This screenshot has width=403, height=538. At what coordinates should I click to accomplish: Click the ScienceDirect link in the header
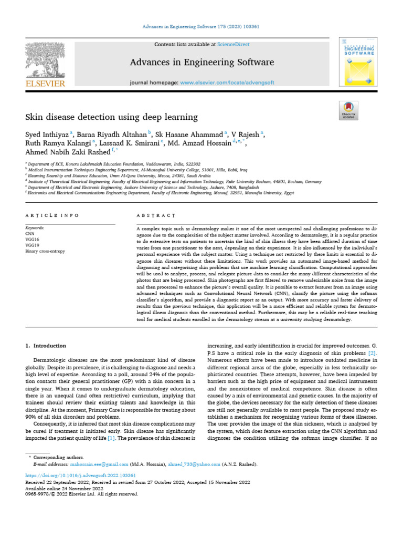coord(235,45)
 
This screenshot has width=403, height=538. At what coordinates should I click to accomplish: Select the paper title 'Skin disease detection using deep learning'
coord(112,117)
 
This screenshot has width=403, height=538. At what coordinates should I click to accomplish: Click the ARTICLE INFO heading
coord(52,215)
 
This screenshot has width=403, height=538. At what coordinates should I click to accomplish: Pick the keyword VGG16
coord(33,240)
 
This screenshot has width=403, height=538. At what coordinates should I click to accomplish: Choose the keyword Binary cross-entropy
coord(45,251)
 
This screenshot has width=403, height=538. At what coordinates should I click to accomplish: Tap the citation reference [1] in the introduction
coord(111,438)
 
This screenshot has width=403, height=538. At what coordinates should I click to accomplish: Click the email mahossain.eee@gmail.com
coord(100,464)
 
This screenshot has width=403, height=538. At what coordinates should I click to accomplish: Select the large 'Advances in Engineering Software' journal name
coord(201,63)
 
